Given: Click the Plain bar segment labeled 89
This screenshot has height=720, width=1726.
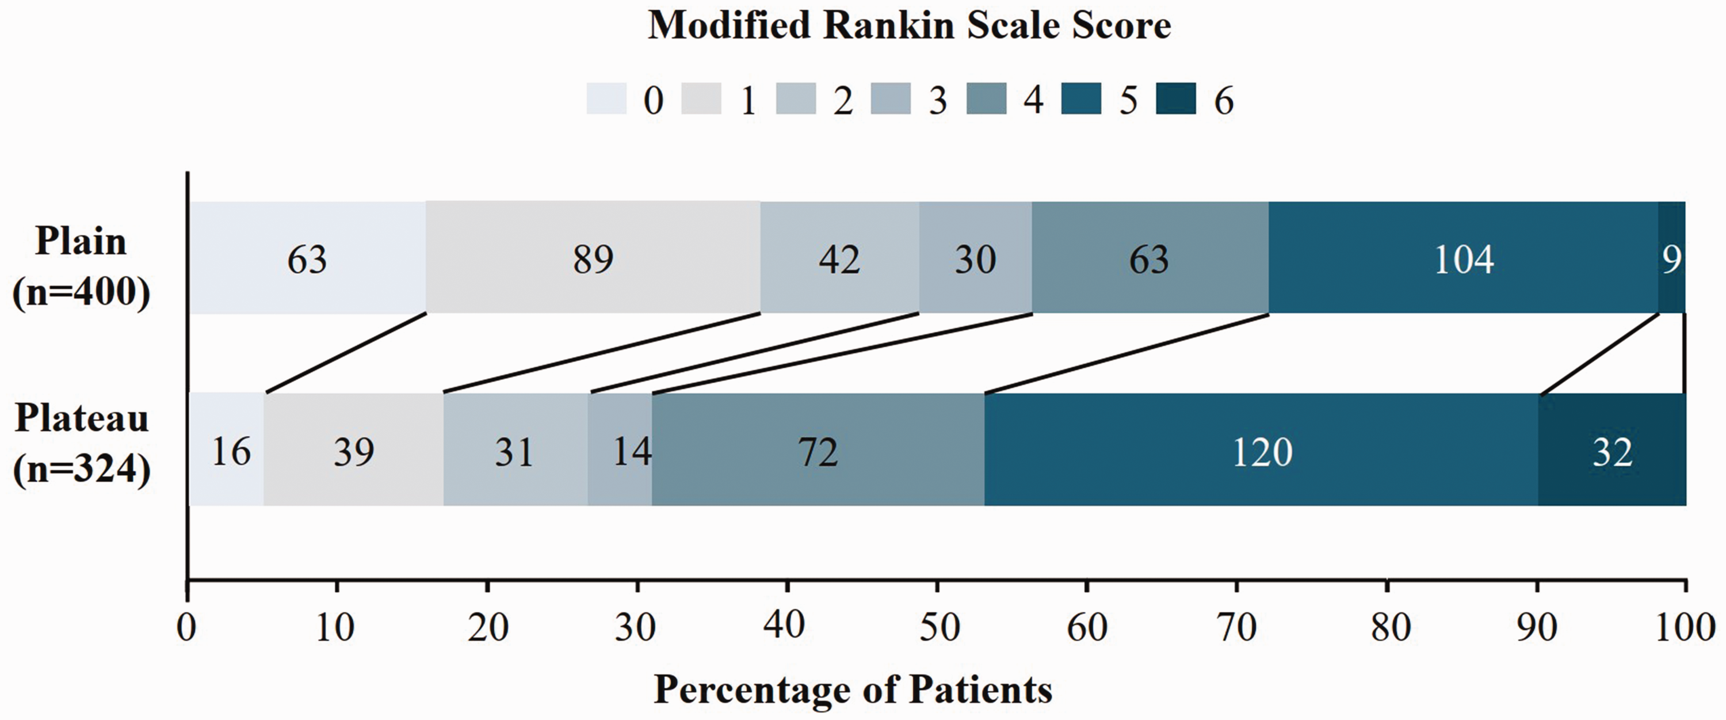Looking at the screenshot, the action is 593,257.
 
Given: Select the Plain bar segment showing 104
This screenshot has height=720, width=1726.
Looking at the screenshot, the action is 1463,257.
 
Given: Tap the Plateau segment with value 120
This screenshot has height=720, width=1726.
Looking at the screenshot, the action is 1261,449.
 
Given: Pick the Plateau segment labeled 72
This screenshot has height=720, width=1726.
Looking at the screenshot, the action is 818,449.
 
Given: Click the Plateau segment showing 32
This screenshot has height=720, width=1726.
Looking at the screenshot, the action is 1612,449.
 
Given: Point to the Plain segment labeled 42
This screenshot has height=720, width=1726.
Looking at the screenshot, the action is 839,257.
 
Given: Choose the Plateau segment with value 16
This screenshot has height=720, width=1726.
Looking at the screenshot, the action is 227,449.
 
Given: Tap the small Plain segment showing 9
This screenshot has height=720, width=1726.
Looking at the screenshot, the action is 1672,257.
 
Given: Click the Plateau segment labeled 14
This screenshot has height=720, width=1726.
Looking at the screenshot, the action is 620,449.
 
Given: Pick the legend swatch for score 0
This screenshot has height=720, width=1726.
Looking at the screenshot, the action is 606,98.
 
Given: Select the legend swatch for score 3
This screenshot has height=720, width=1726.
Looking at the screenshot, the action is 891,98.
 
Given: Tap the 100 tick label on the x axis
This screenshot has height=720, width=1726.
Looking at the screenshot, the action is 1683,628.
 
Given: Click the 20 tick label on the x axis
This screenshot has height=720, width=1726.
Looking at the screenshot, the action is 488,628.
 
